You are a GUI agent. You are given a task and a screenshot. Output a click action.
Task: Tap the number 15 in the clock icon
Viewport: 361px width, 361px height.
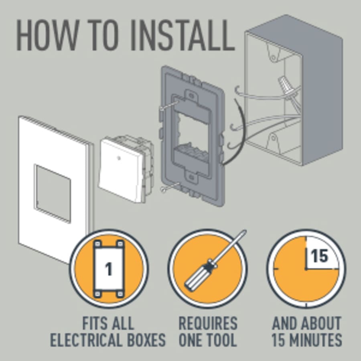tap(320, 256)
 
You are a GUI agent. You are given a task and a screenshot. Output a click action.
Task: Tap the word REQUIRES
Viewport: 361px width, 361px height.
tap(208, 323)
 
